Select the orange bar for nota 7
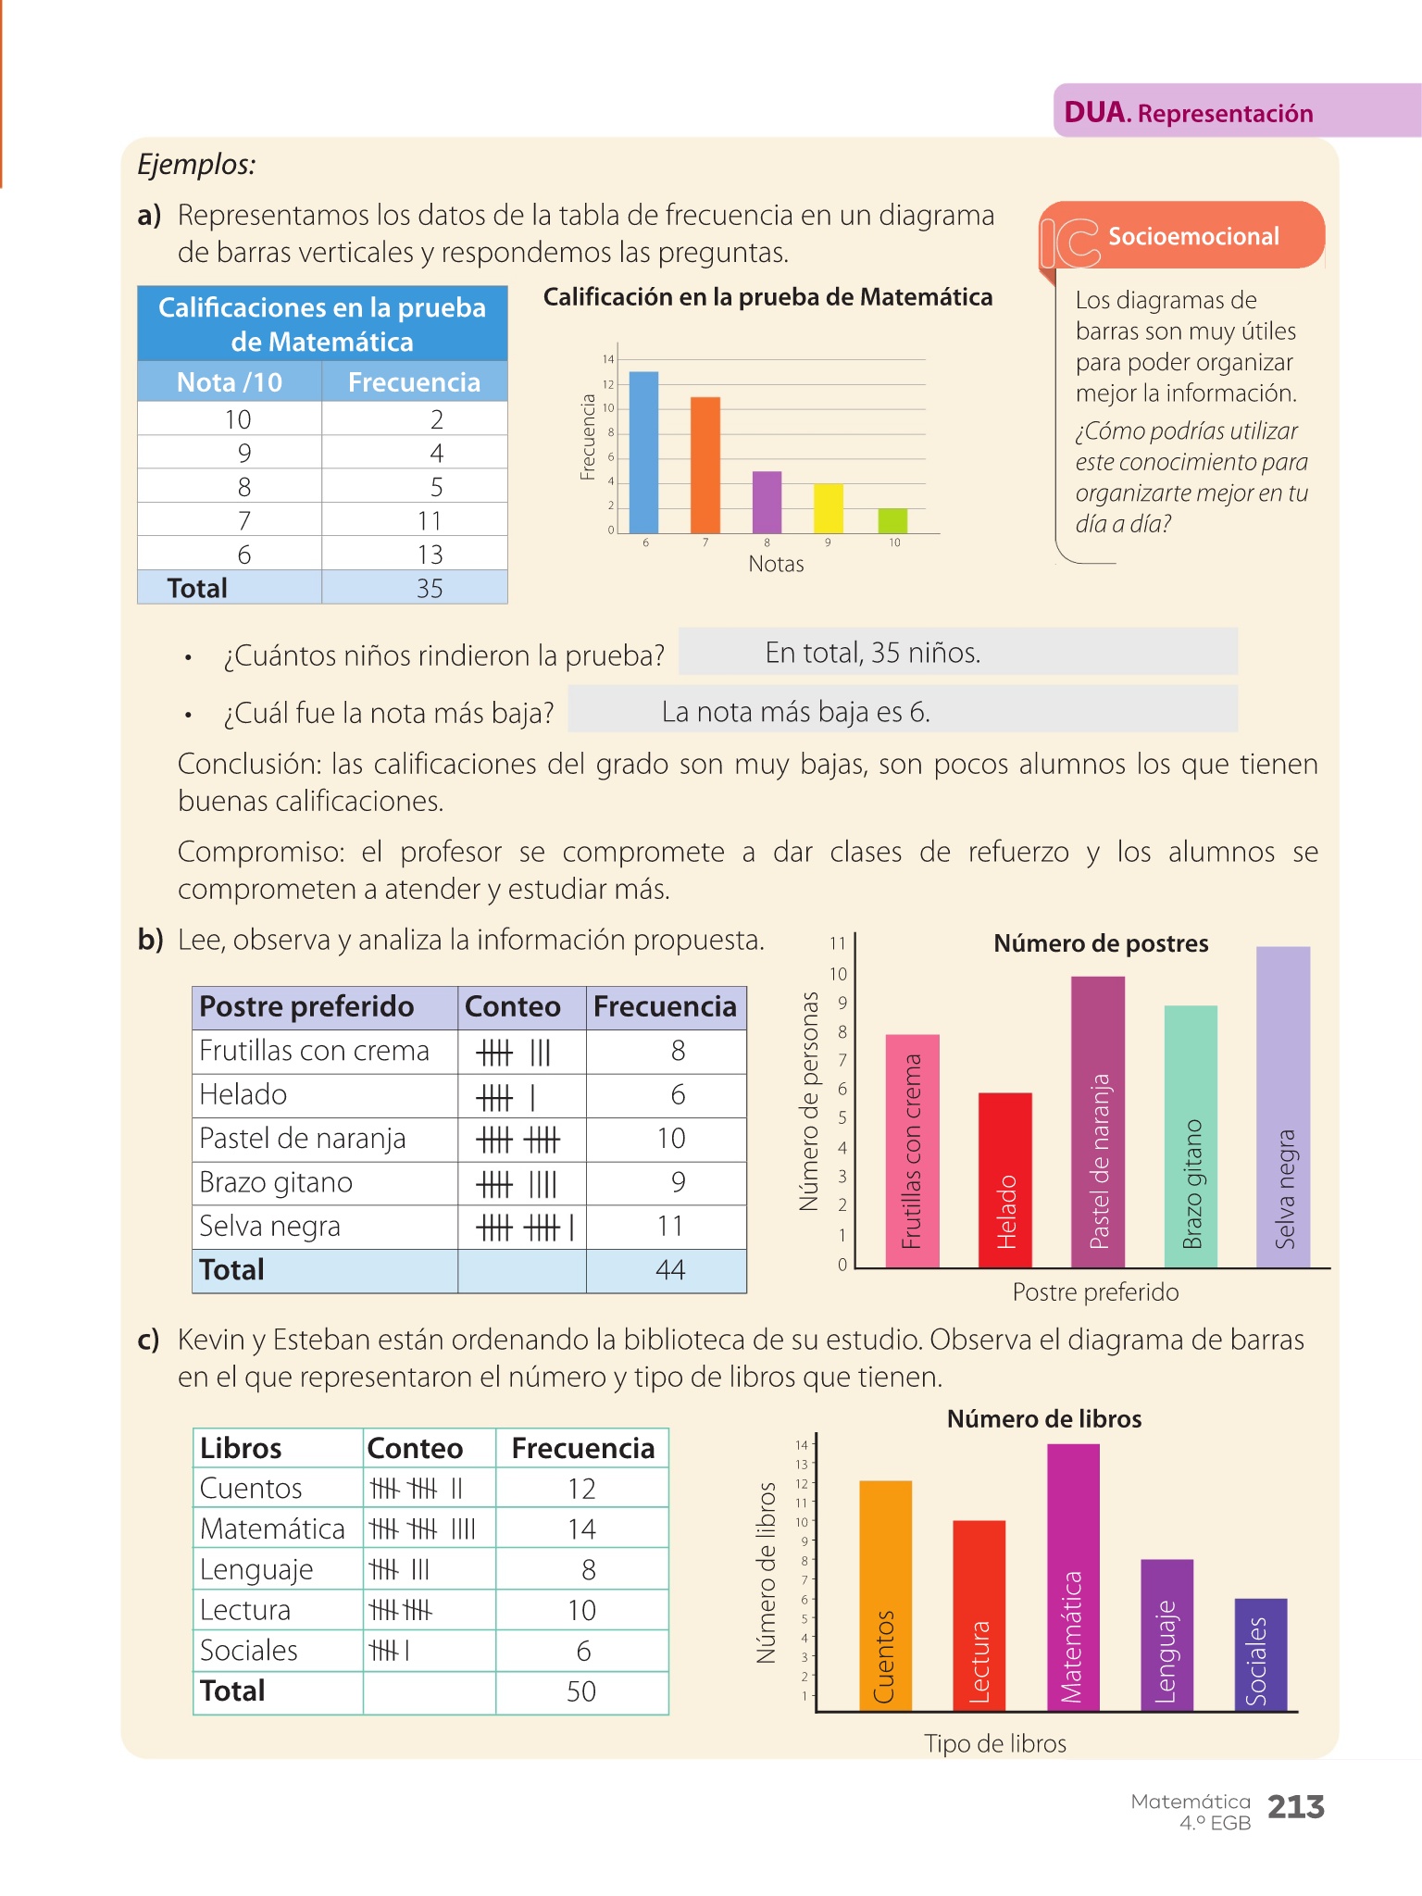pyautogui.click(x=705, y=465)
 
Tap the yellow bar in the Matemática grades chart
pyautogui.click(x=828, y=508)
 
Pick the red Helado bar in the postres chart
pyautogui.click(x=1004, y=1179)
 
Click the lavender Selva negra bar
pyautogui.click(x=1283, y=1106)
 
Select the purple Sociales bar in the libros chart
pyautogui.click(x=1260, y=1653)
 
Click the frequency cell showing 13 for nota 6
pyautogui.click(x=430, y=555)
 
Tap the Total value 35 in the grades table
pyautogui.click(x=430, y=588)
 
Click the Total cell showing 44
pyautogui.click(x=669, y=1270)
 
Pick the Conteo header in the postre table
pyautogui.click(x=512, y=1006)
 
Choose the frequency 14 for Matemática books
pyautogui.click(x=581, y=1528)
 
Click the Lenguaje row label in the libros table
pyautogui.click(x=256, y=1570)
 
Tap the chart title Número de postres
pyautogui.click(x=1101, y=943)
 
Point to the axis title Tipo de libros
pyautogui.click(x=995, y=1744)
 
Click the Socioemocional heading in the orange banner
pyautogui.click(x=1193, y=236)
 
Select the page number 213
pyautogui.click(x=1295, y=1807)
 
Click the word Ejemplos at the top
pyautogui.click(x=196, y=165)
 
